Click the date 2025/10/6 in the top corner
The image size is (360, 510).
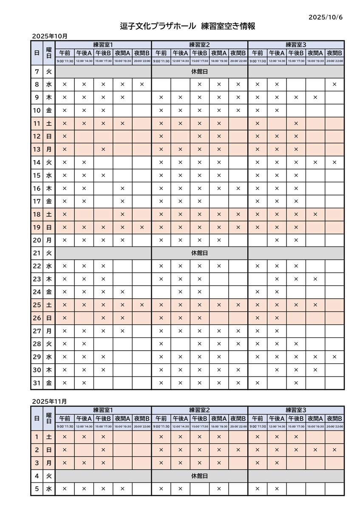pos(325,17)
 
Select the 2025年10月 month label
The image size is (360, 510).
pos(50,37)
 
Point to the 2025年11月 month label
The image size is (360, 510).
pos(50,401)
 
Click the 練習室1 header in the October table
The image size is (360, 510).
pos(103,45)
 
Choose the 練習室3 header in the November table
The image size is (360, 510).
pos(296,410)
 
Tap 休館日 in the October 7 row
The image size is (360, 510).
pos(199,72)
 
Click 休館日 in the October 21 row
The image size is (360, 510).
pos(199,253)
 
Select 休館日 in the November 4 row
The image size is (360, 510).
pos(199,476)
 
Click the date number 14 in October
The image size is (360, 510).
pos(37,162)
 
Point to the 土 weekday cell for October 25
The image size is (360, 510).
pos(49,305)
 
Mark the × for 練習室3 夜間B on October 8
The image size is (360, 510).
pos(334,85)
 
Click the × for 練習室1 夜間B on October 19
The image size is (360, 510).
pos(142,227)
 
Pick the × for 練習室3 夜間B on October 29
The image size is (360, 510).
pos(334,357)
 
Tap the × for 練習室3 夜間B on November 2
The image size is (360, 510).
pos(334,450)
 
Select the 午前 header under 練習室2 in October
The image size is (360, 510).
pos(161,54)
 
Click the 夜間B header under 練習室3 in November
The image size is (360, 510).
pos(334,419)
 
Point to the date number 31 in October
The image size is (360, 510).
pos(37,383)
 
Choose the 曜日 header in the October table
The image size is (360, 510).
pos(49,53)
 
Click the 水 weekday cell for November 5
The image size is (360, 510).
pos(49,489)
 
